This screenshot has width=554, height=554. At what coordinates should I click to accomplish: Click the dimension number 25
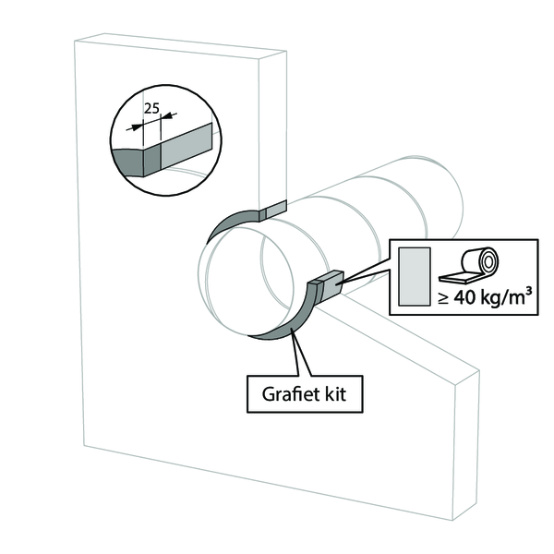coord(152,108)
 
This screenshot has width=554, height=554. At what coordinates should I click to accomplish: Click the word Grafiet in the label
coord(286,394)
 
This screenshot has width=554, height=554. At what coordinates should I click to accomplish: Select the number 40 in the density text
coord(464,298)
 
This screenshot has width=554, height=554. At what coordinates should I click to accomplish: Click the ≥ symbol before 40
coord(443,298)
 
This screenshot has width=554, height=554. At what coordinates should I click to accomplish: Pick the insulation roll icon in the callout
coord(468,265)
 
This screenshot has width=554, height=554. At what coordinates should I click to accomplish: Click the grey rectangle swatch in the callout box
coord(415,276)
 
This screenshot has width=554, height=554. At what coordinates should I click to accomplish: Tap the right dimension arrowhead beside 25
coord(166,116)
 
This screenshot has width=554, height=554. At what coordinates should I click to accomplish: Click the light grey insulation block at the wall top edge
coord(276,210)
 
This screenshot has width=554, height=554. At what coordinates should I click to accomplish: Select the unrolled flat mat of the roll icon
coord(456,279)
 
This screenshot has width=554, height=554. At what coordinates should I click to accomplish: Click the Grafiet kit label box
coord(305,394)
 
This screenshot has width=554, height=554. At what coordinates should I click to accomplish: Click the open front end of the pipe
coord(246,279)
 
